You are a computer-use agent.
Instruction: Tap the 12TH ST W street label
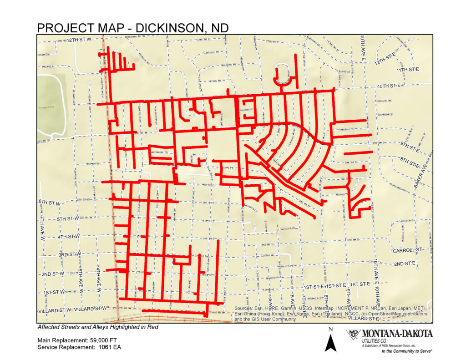click(79, 40)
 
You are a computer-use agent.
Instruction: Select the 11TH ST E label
click(407, 70)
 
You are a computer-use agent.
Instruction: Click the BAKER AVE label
click(421, 176)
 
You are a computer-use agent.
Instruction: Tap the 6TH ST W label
click(49, 202)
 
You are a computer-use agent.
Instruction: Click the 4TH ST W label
click(69, 237)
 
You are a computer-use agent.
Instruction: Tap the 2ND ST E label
click(405, 264)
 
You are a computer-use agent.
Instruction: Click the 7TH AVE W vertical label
click(42, 228)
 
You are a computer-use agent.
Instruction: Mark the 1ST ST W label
click(54, 292)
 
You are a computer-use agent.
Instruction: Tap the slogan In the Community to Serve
click(406, 351)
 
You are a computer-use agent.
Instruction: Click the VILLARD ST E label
click(363, 318)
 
